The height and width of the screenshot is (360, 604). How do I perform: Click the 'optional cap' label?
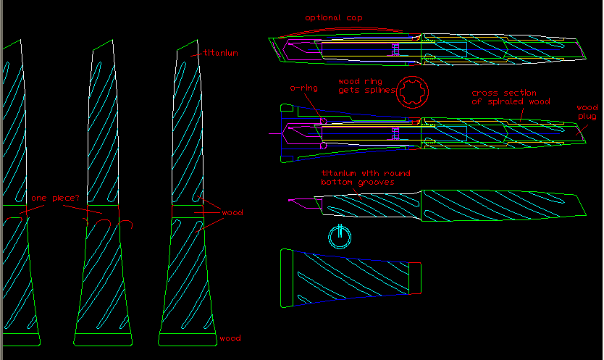[x=334, y=17]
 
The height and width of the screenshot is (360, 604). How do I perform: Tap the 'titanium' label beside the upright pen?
[x=220, y=53]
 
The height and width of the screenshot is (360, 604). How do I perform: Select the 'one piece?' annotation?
[x=55, y=198]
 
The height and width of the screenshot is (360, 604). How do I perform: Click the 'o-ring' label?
[x=304, y=88]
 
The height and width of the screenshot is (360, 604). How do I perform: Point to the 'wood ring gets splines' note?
[x=366, y=86]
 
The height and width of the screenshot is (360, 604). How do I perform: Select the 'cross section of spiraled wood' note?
[x=511, y=97]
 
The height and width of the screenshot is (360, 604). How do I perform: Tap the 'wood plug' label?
[x=587, y=112]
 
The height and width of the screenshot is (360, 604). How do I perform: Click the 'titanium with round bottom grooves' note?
[x=366, y=177]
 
